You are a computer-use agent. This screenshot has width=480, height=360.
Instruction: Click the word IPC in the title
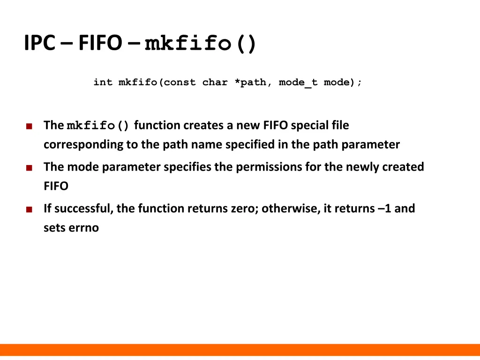40,44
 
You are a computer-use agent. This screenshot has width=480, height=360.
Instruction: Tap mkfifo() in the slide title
201,44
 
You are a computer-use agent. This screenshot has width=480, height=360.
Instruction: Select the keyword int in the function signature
103,82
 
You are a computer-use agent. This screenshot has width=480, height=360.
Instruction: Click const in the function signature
180,82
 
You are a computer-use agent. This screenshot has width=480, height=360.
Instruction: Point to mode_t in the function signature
298,82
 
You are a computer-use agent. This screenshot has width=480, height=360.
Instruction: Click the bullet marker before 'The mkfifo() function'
30,126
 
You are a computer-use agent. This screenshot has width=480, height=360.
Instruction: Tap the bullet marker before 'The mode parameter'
30,168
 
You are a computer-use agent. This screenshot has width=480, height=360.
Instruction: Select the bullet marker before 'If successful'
30,210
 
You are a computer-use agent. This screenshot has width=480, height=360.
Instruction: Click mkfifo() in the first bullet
98,126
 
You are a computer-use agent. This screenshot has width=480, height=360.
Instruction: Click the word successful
82,209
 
